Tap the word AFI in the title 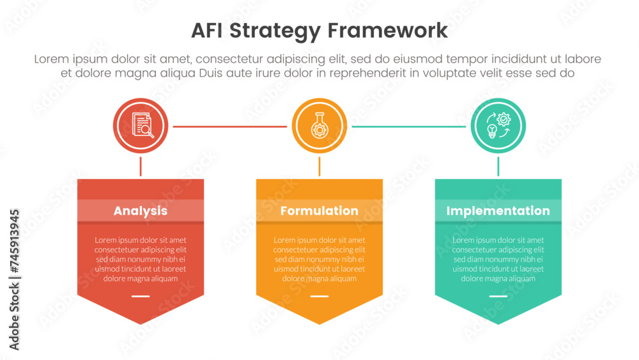click(210, 31)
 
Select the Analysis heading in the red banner click(141, 210)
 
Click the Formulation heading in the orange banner click(319, 210)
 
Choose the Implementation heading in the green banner click(498, 210)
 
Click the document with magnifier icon click(142, 125)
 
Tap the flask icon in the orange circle click(319, 126)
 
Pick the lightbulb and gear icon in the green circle click(498, 126)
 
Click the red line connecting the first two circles click(230, 127)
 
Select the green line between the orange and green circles click(409, 127)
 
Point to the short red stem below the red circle click(141, 166)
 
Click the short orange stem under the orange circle click(319, 166)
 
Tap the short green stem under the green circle click(498, 166)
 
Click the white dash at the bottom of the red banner click(141, 296)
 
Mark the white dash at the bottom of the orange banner click(319, 296)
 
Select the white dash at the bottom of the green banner click(498, 296)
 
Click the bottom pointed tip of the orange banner click(319, 322)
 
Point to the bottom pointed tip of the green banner click(498, 322)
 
